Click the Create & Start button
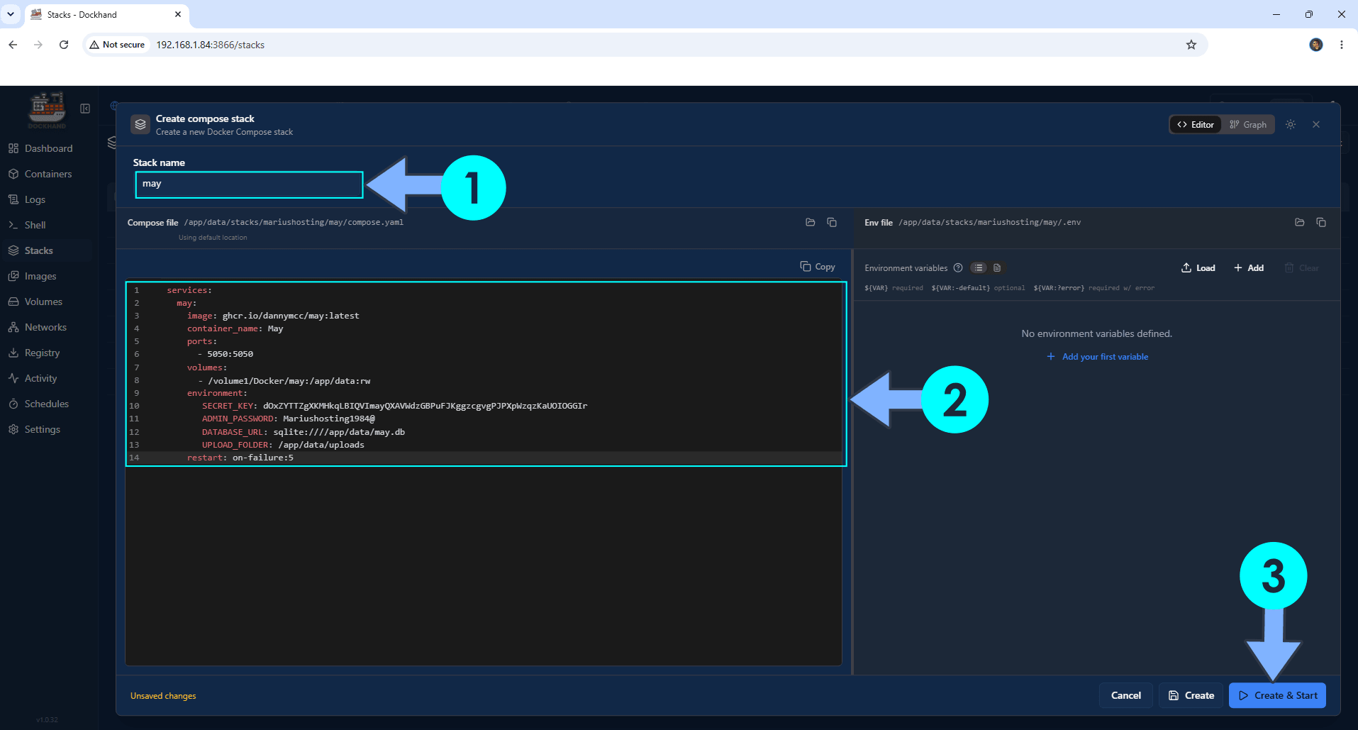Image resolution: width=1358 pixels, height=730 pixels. [1277, 695]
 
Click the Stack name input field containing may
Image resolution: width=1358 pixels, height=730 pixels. [249, 184]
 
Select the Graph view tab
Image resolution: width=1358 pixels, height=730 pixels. [1248, 125]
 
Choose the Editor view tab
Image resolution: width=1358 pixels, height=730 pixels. [1196, 125]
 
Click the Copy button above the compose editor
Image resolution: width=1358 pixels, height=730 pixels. [818, 267]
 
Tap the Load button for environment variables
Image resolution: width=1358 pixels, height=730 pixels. [1198, 268]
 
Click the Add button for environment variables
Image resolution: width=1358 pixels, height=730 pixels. [1249, 268]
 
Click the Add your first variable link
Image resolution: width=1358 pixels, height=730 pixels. [1098, 357]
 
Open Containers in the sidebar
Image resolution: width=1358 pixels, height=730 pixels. [48, 174]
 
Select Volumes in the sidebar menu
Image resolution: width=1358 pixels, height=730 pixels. [43, 302]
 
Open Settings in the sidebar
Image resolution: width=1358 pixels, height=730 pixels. [43, 429]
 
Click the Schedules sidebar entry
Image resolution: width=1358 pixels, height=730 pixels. [47, 404]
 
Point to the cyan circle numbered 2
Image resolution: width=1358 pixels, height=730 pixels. [955, 399]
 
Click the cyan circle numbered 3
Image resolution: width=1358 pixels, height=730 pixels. [1273, 575]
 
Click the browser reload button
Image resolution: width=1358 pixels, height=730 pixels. [64, 45]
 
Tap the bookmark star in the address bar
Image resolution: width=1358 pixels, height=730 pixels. [1191, 45]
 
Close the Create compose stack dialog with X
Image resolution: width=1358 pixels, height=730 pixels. [1316, 124]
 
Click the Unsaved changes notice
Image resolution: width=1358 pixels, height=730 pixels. [163, 696]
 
